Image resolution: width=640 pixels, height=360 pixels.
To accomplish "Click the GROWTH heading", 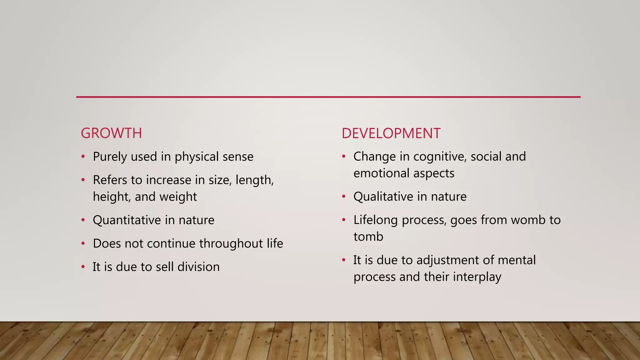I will coord(111,133).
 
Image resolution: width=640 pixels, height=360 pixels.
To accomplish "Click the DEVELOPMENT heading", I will coord(391,133).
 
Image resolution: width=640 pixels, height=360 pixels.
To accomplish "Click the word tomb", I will coord(368,237).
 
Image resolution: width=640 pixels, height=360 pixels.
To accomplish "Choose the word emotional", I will coord(378,173).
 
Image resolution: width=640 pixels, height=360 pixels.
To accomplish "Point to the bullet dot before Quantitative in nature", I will coord(83,220).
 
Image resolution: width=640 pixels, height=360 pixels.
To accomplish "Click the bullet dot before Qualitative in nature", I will coord(344,197).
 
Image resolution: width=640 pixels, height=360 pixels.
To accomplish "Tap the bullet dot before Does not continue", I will coord(83,243).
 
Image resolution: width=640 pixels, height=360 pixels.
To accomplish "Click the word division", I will coord(198,267).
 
